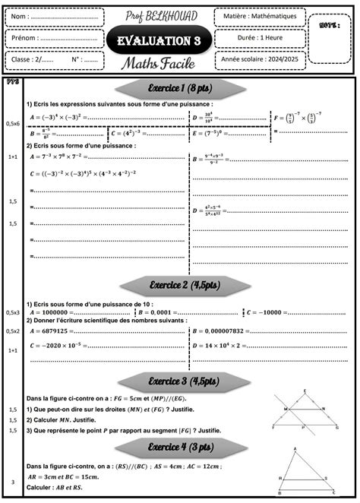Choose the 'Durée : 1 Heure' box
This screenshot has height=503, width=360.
260,37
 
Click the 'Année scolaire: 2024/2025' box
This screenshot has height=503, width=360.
260,59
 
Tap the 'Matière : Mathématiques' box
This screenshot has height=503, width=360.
260,16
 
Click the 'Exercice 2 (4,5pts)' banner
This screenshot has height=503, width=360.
184,284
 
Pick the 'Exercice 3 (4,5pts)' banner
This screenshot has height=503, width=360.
184,380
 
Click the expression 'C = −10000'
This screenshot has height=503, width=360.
263,312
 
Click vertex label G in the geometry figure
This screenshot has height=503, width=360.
336,428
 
